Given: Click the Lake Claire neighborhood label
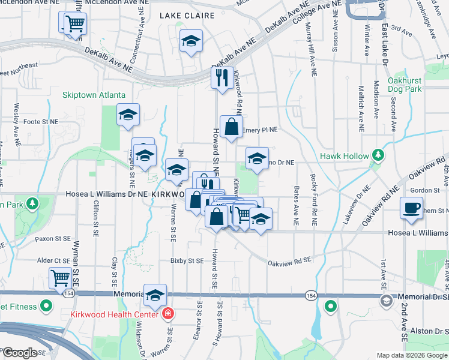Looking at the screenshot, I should (x=182, y=17).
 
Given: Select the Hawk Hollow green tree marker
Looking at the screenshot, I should (x=378, y=156).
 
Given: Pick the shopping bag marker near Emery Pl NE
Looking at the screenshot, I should (x=232, y=127).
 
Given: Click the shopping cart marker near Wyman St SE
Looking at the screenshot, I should (x=61, y=278).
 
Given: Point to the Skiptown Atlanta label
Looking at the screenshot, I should (x=94, y=95).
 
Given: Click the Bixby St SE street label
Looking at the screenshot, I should (x=187, y=261).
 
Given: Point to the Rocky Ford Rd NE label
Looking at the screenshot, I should (x=313, y=200).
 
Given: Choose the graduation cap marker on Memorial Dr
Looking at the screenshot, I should (x=155, y=295).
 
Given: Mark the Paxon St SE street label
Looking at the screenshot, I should (x=53, y=238).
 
